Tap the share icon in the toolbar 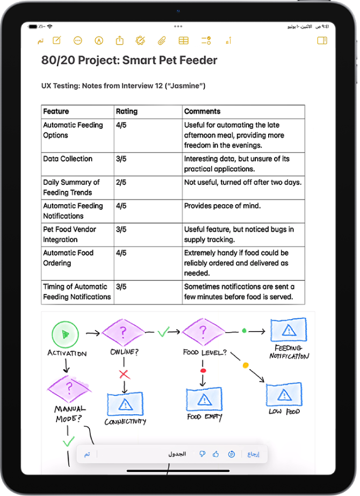[x=119, y=40]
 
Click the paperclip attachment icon [x=161, y=40]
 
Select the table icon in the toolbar [x=183, y=40]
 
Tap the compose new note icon [x=56, y=40]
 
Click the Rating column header [x=127, y=112]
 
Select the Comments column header [x=202, y=112]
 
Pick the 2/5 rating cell [x=121, y=183]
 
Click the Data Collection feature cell [x=68, y=159]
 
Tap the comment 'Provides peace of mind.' [x=222, y=206]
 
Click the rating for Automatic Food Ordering [x=121, y=253]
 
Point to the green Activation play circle [x=64, y=334]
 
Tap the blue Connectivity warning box [x=125, y=403]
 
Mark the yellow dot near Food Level [x=246, y=365]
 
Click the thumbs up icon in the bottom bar [x=216, y=454]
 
